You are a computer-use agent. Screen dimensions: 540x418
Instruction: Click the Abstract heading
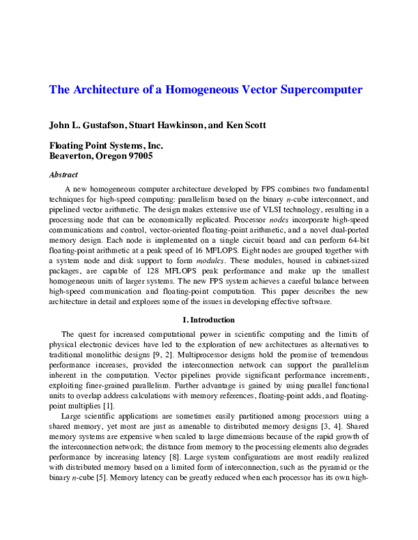click(x=63, y=175)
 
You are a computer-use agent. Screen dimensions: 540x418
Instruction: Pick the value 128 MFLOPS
click(x=150, y=269)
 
